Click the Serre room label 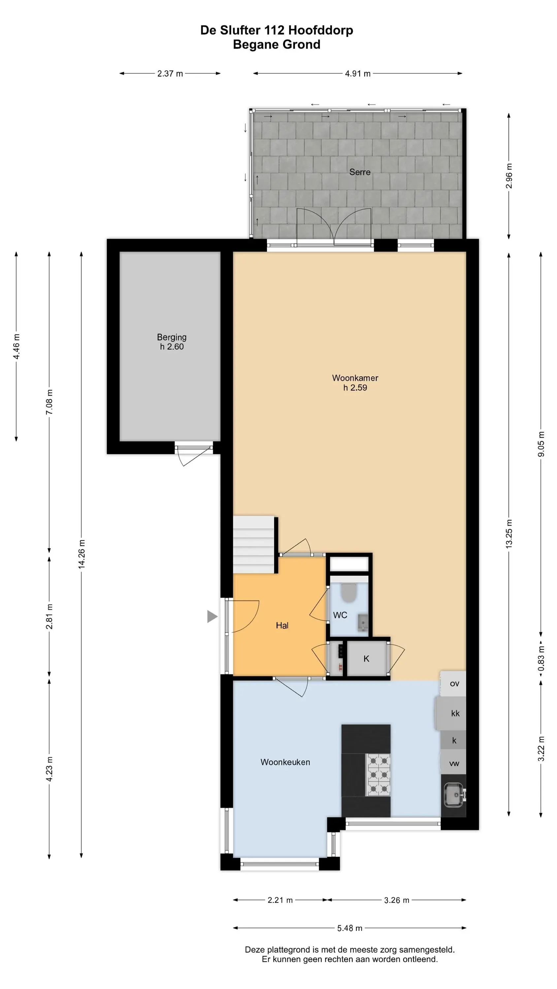coord(359,172)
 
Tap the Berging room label coord(172,337)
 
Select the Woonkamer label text coord(355,378)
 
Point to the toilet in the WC coord(349,592)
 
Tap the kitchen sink coord(454,795)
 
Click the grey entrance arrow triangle coord(212,616)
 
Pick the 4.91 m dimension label coord(357,73)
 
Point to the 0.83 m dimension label coord(541,658)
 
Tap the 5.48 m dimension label coord(349,928)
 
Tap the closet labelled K coord(367,659)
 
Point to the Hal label coord(282,625)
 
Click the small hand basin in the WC coord(363,622)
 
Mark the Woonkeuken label coord(285,762)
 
